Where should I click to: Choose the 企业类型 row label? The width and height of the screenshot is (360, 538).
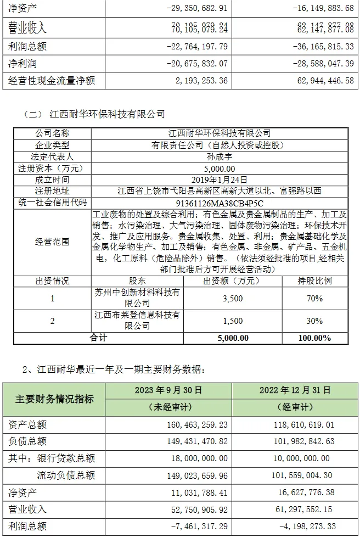point(53,145)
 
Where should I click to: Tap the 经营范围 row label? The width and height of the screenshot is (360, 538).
point(53,241)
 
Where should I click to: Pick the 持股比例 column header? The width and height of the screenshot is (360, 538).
point(314,281)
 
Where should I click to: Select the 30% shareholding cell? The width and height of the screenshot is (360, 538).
point(314,321)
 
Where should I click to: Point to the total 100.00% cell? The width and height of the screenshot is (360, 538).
point(314,338)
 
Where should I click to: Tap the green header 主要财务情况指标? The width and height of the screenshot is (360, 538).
point(54,399)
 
